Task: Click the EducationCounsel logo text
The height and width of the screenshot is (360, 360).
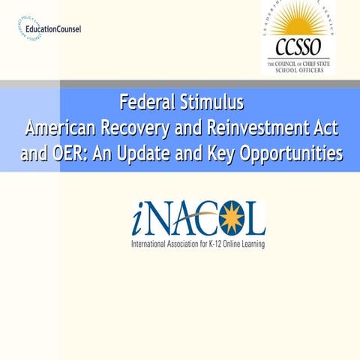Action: (52, 29)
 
